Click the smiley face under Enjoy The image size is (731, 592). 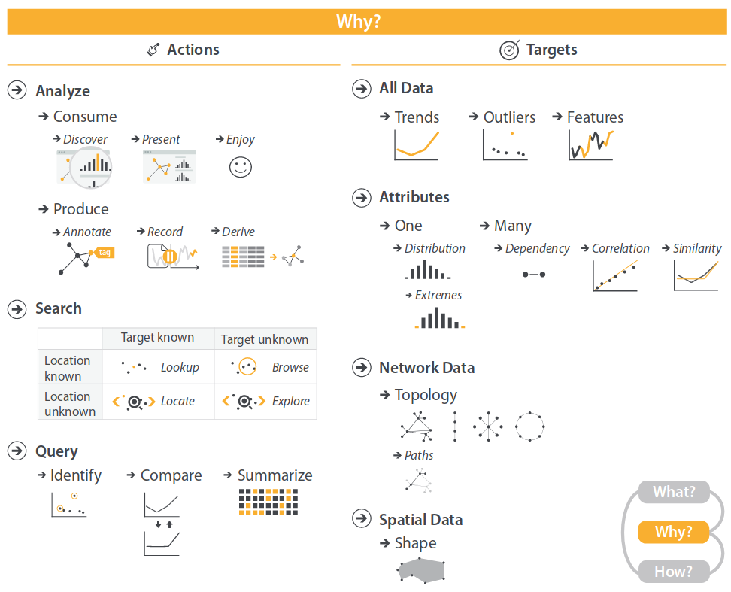(x=241, y=167)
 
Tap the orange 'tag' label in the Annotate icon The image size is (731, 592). (x=104, y=253)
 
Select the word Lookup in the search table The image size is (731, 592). (x=180, y=368)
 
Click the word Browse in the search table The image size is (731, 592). (x=290, y=367)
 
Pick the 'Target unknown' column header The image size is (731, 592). (x=264, y=339)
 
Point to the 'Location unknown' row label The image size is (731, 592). (x=70, y=404)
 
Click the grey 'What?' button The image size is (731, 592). (x=674, y=492)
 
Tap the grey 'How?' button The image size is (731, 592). (x=674, y=572)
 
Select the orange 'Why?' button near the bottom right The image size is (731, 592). (x=674, y=532)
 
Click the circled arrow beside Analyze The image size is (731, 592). (x=17, y=90)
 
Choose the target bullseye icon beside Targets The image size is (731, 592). (x=510, y=50)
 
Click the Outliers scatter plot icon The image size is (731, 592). (x=505, y=145)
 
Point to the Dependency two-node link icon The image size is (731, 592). (x=534, y=275)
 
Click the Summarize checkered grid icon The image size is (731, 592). (x=268, y=502)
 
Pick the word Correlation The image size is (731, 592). (x=620, y=249)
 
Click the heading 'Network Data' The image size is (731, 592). (x=427, y=368)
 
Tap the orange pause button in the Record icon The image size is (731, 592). (x=170, y=257)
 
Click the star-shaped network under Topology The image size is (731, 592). (x=488, y=427)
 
